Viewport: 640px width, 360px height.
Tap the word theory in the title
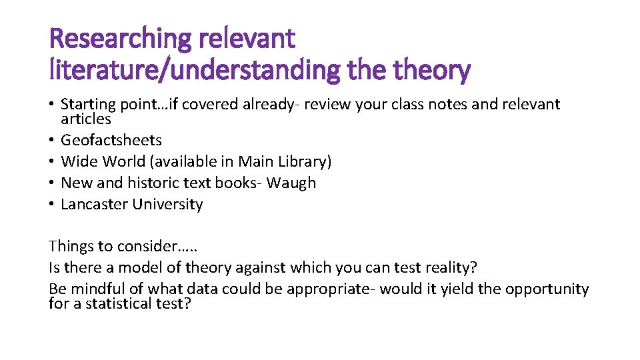[x=433, y=69]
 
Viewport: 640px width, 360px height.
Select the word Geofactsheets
[x=111, y=140]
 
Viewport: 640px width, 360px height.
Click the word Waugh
[x=291, y=183]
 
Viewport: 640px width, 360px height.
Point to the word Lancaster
[x=94, y=204]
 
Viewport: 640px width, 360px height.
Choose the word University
[x=167, y=204]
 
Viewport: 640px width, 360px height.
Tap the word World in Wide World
[x=125, y=161]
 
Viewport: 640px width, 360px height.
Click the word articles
[x=86, y=119]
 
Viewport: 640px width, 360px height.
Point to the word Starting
[x=86, y=105]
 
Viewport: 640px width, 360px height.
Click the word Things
[x=71, y=246]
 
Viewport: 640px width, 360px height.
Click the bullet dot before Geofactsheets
[x=52, y=141]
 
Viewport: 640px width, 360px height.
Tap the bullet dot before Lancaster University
[x=52, y=205]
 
